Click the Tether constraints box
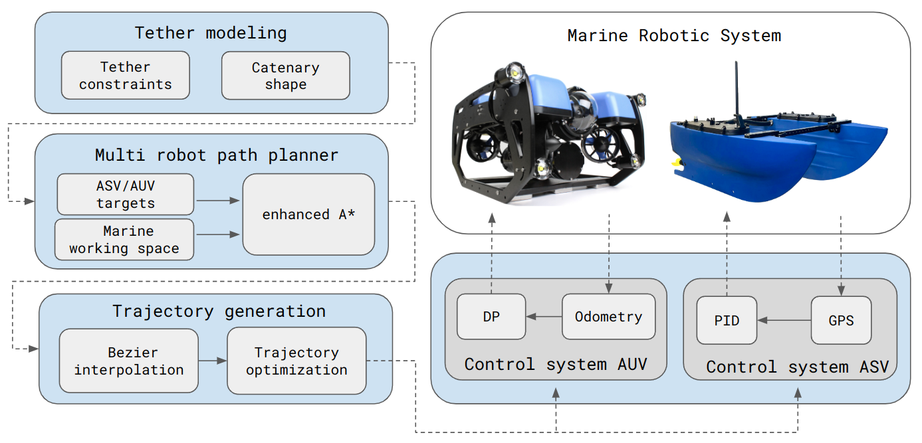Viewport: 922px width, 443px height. coord(125,76)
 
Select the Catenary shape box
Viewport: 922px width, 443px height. coord(285,76)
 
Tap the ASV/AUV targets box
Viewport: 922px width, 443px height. coord(125,194)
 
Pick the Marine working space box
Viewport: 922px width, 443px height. coord(124,239)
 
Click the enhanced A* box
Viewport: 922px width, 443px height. coord(308,215)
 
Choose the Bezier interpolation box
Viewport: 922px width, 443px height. coord(128,361)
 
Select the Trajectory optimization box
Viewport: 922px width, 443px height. coord(296,361)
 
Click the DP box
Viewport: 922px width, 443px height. coord(491,317)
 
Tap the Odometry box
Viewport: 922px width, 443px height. coord(608,317)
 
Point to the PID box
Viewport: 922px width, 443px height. coord(727,320)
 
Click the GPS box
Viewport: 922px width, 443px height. coord(841,320)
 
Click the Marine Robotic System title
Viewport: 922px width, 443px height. coord(674,35)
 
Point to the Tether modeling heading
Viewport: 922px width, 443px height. coord(211,33)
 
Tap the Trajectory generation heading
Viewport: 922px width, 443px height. coord(219,311)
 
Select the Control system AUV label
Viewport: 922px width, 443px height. coord(556,364)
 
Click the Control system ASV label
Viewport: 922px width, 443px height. coord(797,367)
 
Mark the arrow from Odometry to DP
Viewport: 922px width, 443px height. coord(544,317)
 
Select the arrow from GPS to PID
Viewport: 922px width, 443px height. coord(784,320)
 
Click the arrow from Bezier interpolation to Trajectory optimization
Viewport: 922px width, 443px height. coord(213,361)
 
